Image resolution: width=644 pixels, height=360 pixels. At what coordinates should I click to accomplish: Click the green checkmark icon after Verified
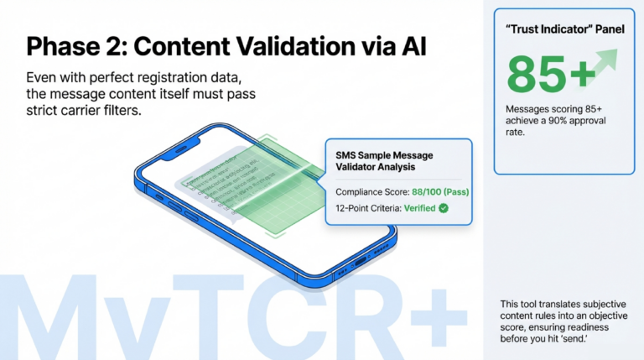(x=443, y=208)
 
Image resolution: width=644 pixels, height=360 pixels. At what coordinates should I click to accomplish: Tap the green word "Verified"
(x=418, y=208)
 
